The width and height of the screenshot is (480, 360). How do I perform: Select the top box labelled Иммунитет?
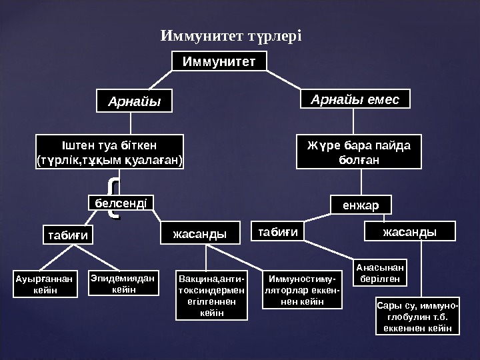[219, 61]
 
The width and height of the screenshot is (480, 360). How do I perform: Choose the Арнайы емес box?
[355, 100]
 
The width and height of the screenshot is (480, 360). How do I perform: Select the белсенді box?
[121, 201]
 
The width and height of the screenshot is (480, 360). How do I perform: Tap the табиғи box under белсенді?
[67, 234]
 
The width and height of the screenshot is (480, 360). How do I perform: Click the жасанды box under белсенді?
[199, 233]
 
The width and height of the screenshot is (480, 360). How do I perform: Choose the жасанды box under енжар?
[409, 231]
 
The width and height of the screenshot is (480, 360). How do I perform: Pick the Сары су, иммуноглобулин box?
[417, 317]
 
